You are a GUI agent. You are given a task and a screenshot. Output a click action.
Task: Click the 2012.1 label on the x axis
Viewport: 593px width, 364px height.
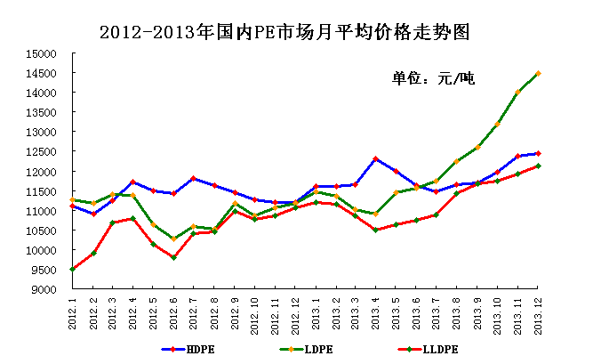[x=73, y=312]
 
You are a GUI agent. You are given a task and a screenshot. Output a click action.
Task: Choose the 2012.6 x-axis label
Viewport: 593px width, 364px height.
[x=174, y=312]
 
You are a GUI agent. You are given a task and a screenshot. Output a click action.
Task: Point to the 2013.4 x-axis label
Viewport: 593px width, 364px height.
[x=376, y=312]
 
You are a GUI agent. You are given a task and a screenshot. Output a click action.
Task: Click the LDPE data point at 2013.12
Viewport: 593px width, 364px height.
[x=538, y=73]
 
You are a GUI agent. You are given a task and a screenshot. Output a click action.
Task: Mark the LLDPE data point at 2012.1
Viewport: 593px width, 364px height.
[x=73, y=269]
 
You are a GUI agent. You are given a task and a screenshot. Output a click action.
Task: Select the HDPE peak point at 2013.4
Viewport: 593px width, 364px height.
[x=376, y=158]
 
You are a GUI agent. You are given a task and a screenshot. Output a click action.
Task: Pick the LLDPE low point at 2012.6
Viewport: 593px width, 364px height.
[x=174, y=257]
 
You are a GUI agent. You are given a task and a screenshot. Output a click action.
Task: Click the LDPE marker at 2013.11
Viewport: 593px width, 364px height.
[x=517, y=92]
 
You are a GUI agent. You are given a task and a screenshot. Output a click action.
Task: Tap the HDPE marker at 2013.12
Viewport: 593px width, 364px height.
[x=538, y=153]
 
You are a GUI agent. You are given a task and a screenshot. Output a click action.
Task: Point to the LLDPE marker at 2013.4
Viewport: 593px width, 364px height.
[x=376, y=230]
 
